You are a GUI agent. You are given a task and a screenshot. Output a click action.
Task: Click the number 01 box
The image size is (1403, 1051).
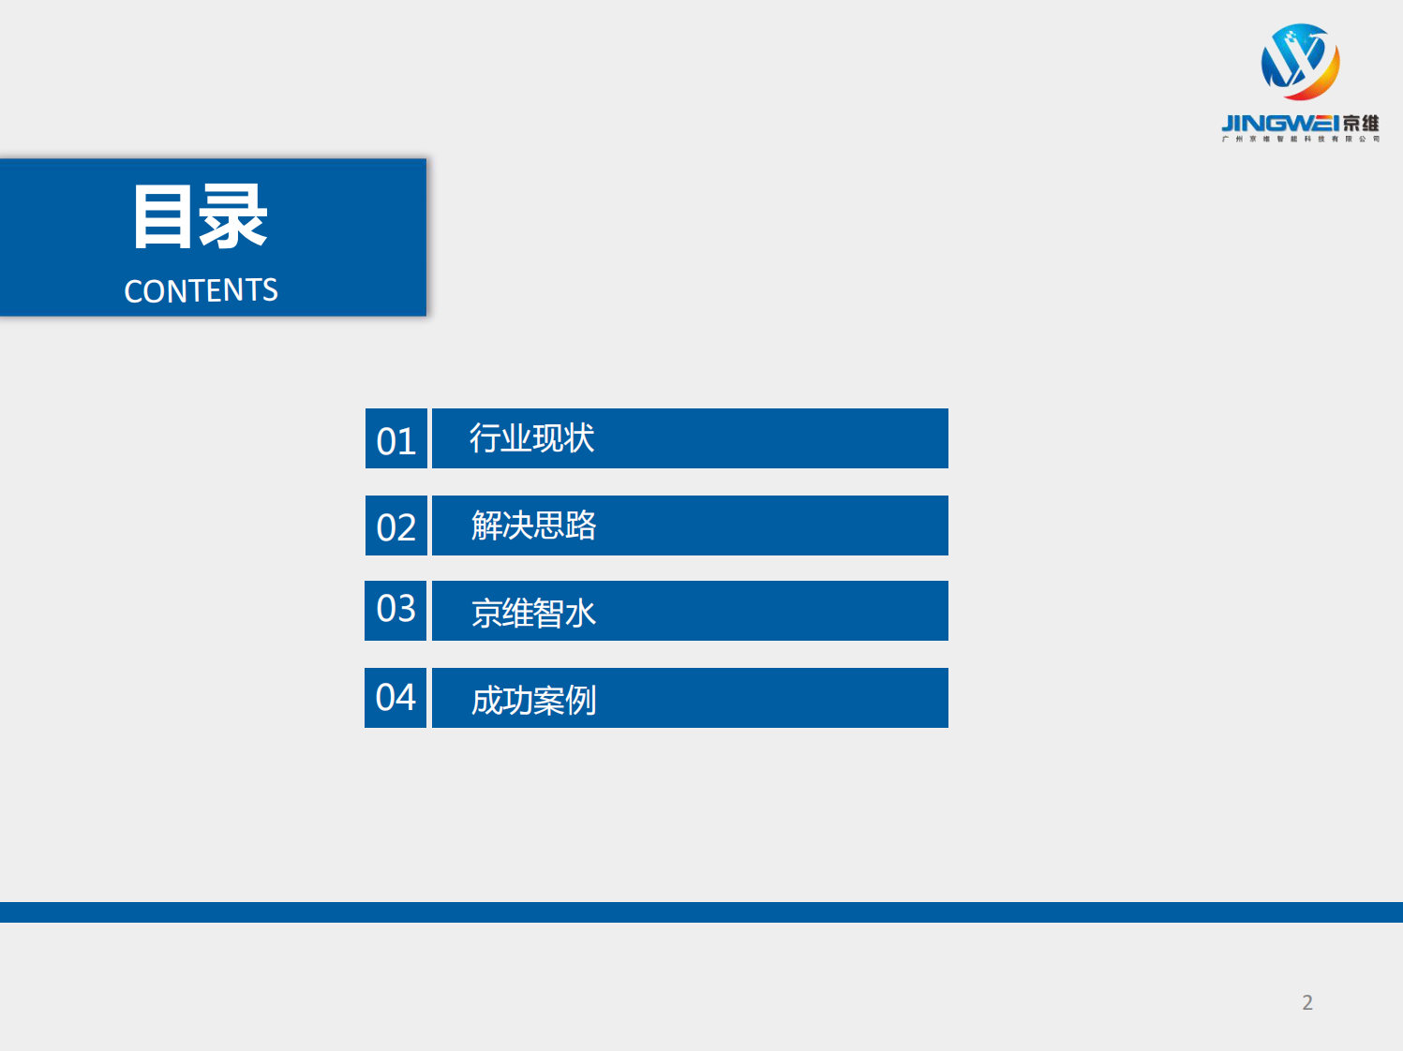coord(396,439)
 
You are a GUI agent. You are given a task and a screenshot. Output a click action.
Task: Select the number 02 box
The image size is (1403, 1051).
coord(396,526)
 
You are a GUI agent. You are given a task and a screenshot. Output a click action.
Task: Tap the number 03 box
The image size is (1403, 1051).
coord(396,610)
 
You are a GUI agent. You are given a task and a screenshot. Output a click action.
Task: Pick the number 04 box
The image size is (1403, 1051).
coord(396,698)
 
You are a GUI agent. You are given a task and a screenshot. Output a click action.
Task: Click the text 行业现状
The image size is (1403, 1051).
coord(531,438)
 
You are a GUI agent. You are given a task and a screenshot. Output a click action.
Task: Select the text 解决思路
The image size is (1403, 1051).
coord(533,525)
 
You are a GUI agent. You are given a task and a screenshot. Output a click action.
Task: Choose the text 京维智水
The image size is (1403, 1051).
coord(533,613)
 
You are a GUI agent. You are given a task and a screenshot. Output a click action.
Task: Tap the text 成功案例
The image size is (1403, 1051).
coord(533,700)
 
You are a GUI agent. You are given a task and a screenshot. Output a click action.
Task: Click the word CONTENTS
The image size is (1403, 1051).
coord(201,290)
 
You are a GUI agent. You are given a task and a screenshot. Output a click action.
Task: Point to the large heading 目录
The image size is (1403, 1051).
coord(201,217)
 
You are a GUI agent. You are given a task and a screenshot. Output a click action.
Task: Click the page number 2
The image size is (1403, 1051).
coord(1307,1002)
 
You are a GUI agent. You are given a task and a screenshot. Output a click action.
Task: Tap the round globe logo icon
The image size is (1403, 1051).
coord(1300,62)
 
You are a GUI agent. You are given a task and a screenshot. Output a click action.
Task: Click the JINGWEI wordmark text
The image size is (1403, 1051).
coord(1279,124)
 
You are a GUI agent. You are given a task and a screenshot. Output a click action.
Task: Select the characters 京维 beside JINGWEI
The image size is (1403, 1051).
coord(1361,124)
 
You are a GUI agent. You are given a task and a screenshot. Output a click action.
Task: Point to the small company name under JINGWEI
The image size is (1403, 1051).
coord(1300,140)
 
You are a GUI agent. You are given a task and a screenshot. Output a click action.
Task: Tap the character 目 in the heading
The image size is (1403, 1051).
coord(163,217)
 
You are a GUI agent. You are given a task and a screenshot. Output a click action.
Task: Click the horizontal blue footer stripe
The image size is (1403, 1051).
coord(701,912)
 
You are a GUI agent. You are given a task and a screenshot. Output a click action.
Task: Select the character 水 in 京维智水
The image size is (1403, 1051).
coord(581,614)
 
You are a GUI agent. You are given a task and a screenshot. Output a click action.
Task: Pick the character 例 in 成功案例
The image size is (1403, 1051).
coord(581,700)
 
